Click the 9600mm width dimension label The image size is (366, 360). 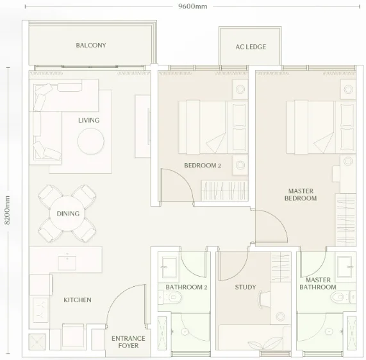point(192,6)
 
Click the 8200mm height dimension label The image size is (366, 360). point(7,210)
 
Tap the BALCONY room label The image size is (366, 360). point(91,45)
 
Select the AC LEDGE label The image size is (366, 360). point(251,47)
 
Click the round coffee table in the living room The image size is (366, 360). point(91,141)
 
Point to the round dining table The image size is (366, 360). point(68,214)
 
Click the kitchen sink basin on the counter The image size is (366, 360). point(67,263)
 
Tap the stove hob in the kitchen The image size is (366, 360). point(40,310)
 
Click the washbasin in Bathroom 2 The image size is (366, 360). point(169,267)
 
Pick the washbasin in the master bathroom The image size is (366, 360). point(344,266)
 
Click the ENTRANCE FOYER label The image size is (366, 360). point(128,342)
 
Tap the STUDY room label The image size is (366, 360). point(245,287)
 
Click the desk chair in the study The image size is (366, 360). point(263,299)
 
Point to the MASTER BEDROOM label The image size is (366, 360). point(301,194)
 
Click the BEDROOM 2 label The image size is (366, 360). point(203,166)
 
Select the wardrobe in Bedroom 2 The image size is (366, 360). point(224,191)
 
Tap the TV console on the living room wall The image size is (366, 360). point(142,126)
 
